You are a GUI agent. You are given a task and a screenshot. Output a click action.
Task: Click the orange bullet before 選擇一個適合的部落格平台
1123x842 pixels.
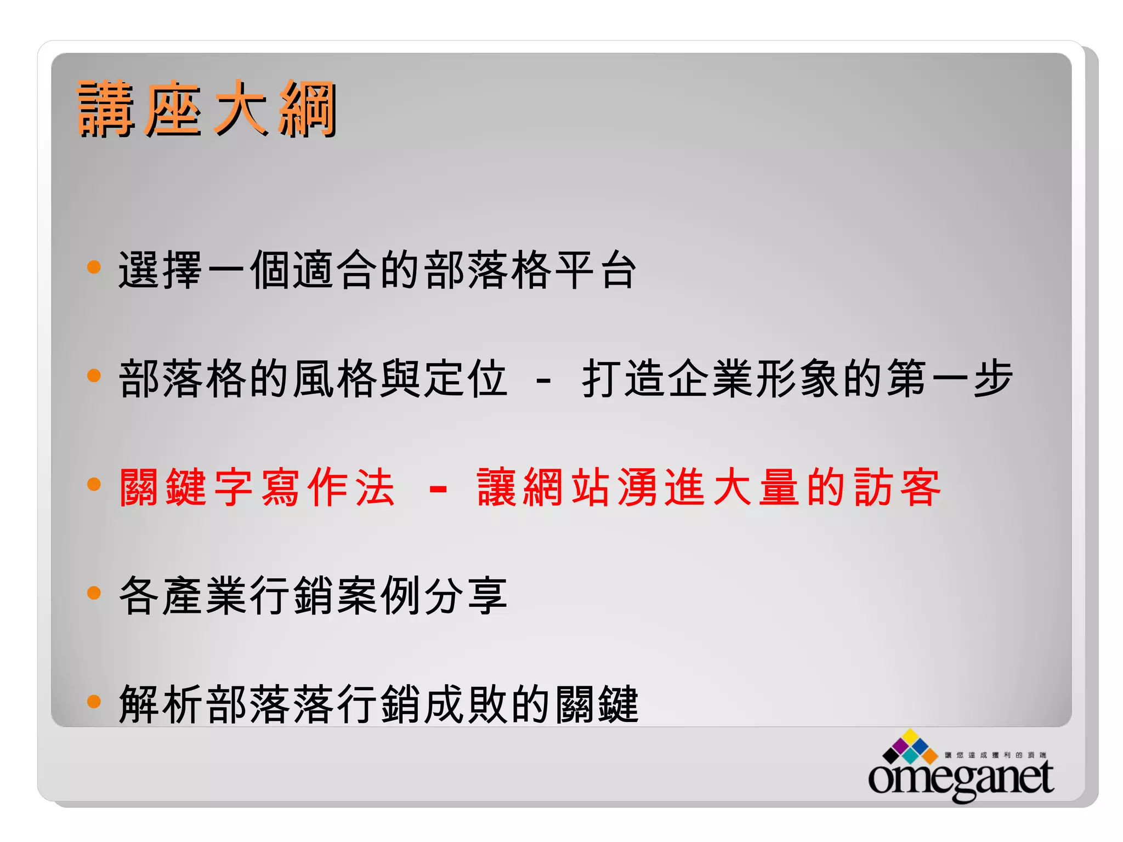94,267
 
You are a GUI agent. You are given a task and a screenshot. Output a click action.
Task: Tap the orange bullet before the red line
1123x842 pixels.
94,484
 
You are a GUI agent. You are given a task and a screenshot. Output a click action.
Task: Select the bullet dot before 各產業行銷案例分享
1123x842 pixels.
94,593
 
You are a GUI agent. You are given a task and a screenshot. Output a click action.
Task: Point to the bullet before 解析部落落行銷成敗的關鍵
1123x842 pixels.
94,701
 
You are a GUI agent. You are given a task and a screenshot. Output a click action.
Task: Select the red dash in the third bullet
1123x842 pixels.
438,487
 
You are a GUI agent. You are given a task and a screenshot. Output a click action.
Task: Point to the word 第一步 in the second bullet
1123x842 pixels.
950,378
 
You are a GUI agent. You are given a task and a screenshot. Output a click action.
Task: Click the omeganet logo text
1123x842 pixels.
961,778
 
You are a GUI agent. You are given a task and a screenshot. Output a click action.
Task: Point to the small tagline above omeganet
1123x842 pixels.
995,755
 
